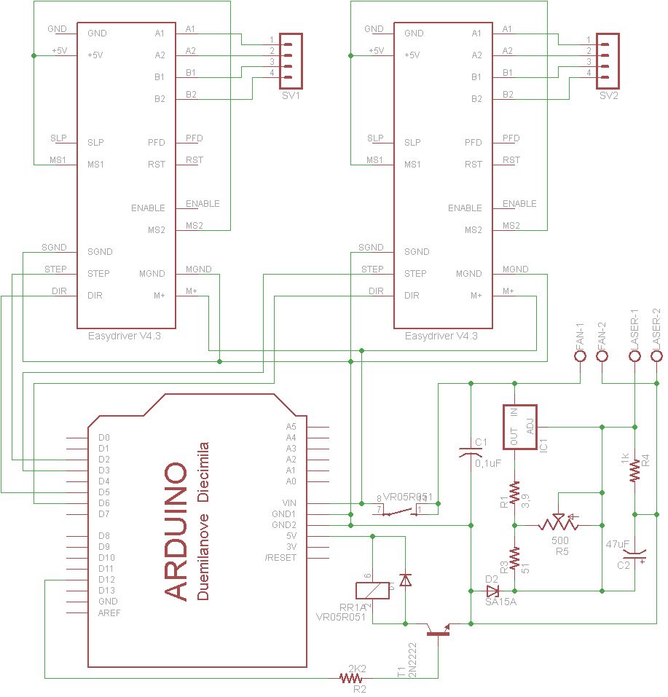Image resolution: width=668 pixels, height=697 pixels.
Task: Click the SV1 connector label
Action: (x=291, y=96)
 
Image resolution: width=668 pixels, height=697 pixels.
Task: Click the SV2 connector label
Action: (x=608, y=96)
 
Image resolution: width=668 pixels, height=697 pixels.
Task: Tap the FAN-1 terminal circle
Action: (x=581, y=356)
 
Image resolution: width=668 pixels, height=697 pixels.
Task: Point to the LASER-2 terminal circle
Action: (x=656, y=356)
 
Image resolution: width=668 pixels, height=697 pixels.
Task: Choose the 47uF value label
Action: (x=618, y=544)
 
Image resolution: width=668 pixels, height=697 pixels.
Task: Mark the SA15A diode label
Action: (x=500, y=602)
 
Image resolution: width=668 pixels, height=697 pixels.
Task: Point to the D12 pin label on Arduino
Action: (x=108, y=580)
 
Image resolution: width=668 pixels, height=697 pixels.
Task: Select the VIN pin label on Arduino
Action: (x=289, y=503)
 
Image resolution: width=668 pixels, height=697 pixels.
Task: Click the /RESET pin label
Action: (x=280, y=558)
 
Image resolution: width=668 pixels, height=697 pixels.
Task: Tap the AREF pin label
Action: (x=109, y=613)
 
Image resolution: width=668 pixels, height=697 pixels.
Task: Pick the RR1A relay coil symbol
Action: (x=372, y=591)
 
